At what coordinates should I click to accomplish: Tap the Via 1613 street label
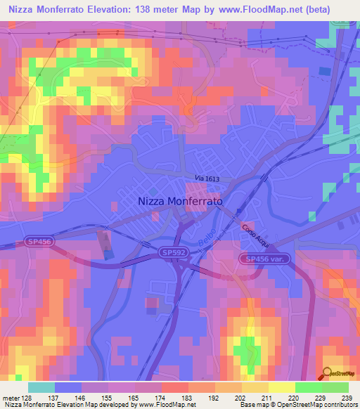(x=207, y=180)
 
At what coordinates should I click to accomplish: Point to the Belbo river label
(x=205, y=242)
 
